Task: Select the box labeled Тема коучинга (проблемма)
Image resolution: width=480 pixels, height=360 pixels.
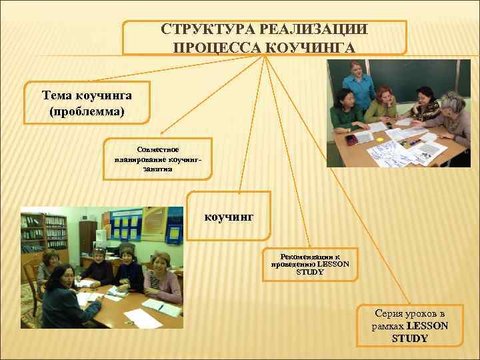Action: point(87,103)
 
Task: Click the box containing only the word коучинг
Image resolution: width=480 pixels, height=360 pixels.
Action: point(229,216)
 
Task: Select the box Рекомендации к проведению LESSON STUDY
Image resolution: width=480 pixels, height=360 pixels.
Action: point(310,264)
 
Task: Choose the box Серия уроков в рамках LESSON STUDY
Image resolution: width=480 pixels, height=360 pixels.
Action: point(409,325)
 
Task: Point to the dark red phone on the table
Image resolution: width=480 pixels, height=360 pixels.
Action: point(351,139)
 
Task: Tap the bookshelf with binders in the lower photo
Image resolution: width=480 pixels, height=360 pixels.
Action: point(44,233)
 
